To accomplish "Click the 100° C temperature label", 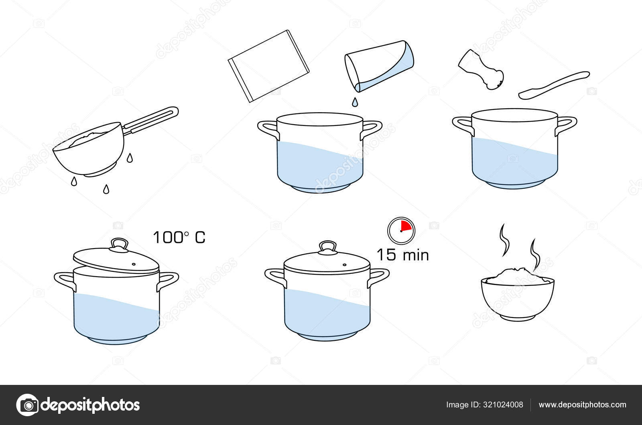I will click(x=179, y=237).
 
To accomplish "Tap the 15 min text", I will click(x=402, y=255).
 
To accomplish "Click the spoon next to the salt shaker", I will click(x=554, y=85).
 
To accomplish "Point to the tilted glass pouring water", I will click(x=379, y=66).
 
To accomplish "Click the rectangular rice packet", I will click(x=268, y=66).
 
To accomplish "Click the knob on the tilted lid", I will click(x=119, y=244).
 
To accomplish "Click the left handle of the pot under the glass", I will click(x=267, y=128).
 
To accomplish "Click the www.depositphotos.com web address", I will click(x=582, y=405).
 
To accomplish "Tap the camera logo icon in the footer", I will click(x=27, y=405).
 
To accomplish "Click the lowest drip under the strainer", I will click(x=106, y=189).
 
